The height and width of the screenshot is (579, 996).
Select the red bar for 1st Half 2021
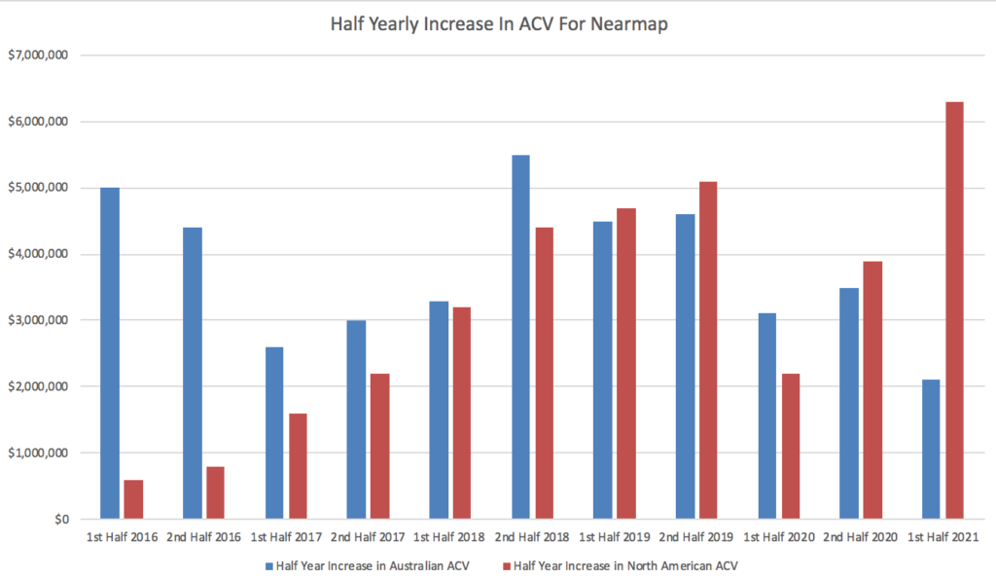click(x=954, y=310)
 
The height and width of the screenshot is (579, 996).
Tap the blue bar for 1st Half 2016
click(x=110, y=353)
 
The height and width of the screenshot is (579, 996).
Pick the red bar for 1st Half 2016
click(x=133, y=499)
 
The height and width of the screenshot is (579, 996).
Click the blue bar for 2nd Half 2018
click(x=520, y=337)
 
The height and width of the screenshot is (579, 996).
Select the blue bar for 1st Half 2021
click(x=931, y=450)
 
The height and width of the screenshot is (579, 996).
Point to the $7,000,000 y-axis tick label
click(x=38, y=55)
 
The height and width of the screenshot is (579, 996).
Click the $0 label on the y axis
click(x=60, y=520)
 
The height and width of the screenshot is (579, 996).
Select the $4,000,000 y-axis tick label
click(x=38, y=254)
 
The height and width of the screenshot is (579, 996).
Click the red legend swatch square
click(x=505, y=563)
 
